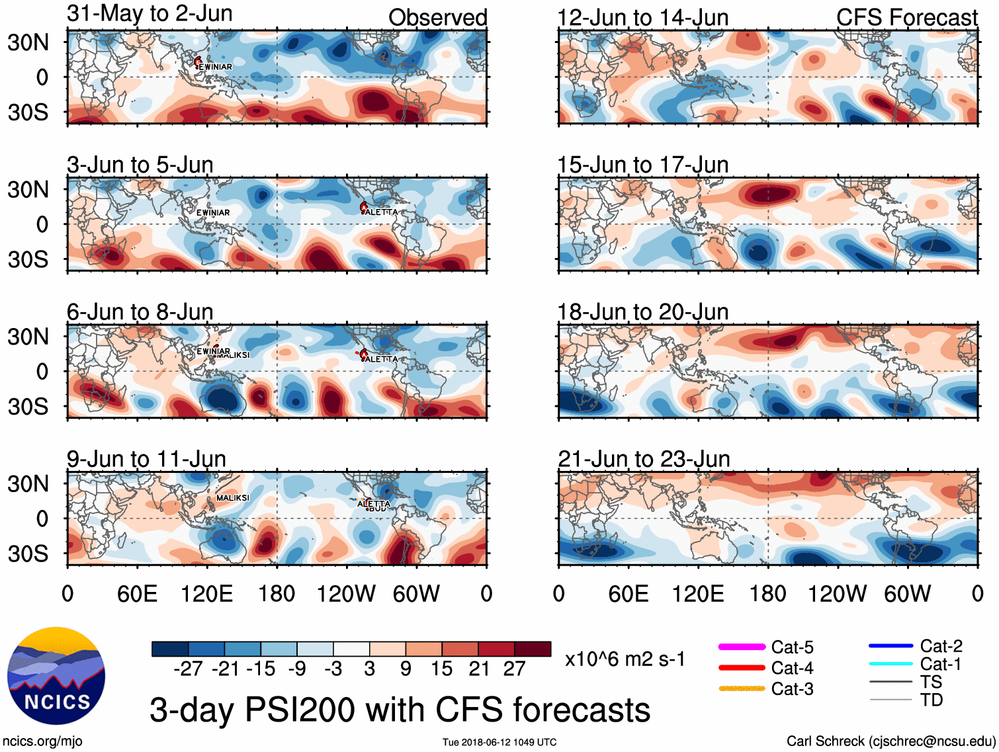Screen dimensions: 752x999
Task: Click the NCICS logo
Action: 56,675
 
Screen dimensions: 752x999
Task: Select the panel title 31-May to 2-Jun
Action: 150,13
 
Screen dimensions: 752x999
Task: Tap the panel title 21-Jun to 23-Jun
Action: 644,458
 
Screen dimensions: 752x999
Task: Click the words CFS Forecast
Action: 906,18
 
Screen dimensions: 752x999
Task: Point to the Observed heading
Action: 437,18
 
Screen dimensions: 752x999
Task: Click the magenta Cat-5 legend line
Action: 742,647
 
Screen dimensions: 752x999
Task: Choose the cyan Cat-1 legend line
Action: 890,664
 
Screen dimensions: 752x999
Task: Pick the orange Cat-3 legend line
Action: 742,689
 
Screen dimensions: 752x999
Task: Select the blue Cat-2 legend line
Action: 890,646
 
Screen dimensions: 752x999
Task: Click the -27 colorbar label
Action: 188,669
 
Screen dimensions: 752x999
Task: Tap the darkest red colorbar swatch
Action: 533,649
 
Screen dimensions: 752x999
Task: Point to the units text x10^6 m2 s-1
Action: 625,659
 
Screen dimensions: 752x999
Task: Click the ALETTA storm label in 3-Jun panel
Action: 382,212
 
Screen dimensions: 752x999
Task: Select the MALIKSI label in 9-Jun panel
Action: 233,498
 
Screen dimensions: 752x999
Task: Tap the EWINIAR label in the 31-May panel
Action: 216,67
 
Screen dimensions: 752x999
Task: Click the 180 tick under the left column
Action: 277,594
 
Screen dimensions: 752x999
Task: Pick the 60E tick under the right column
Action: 628,594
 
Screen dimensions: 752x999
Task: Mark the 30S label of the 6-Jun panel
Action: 28,407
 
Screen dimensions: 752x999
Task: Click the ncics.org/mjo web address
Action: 42,741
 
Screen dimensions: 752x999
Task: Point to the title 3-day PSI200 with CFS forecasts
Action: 400,710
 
